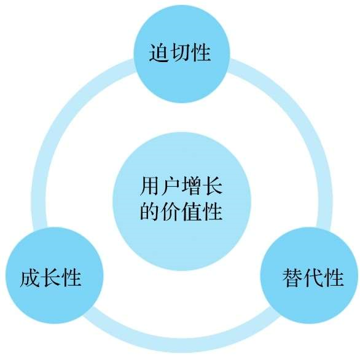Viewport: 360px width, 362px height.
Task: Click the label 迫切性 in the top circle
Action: tap(180, 53)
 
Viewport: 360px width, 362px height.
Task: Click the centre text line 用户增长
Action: tap(181, 186)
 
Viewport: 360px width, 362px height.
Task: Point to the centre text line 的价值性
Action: tap(181, 211)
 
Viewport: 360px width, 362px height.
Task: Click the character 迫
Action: tap(158, 53)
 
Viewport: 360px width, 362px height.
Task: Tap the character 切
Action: tap(180, 53)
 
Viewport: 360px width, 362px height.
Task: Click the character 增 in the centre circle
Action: tap(192, 186)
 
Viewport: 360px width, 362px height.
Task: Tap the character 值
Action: tap(192, 211)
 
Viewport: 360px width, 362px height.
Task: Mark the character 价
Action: tap(171, 211)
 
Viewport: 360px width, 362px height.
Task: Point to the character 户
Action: tap(171, 186)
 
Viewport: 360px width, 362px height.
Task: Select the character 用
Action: tap(150, 186)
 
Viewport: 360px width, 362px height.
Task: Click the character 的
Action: tap(150, 211)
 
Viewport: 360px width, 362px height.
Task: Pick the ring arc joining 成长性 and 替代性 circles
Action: tap(182, 345)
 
